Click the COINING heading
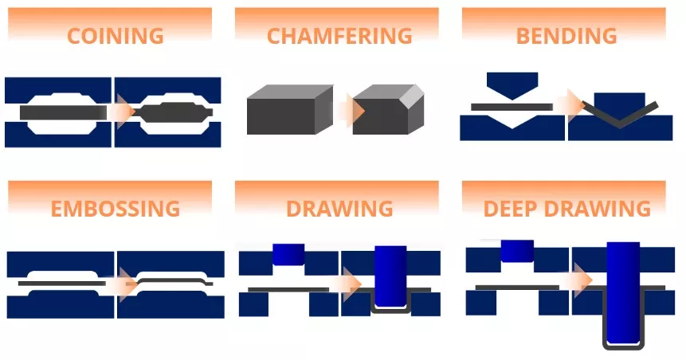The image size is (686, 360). [x=116, y=36]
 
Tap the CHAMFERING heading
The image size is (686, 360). [x=339, y=36]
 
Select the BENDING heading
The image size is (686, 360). [x=566, y=36]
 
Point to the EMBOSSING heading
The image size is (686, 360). [x=116, y=208]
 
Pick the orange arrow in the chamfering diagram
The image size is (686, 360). [x=352, y=110]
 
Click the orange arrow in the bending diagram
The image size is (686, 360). [x=573, y=105]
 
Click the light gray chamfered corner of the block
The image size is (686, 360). [x=413, y=96]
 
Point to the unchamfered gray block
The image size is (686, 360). [x=290, y=110]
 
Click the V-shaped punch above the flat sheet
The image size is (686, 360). [x=512, y=85]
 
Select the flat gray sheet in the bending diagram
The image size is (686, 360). [x=512, y=107]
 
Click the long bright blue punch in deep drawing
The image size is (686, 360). [x=623, y=292]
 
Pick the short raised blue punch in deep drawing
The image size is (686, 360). [x=517, y=251]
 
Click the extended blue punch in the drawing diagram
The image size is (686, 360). [x=390, y=276]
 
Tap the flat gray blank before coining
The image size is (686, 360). [x=64, y=112]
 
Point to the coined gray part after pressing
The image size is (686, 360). [x=174, y=112]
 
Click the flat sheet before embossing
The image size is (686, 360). [x=61, y=284]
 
